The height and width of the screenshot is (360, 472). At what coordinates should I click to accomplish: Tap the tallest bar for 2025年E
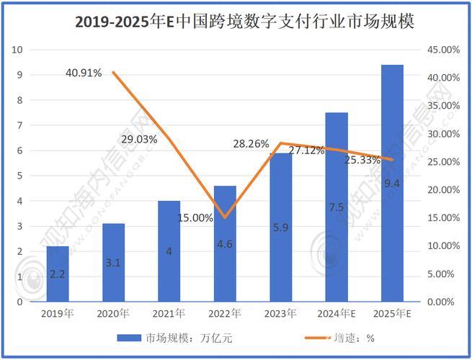click(x=392, y=184)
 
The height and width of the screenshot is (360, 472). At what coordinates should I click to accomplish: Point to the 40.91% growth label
click(x=84, y=73)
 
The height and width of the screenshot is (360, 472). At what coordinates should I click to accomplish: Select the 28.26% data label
click(x=251, y=143)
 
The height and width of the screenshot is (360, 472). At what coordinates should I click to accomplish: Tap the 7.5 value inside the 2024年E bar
click(x=336, y=207)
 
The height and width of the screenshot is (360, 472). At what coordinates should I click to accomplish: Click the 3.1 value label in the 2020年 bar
click(x=113, y=263)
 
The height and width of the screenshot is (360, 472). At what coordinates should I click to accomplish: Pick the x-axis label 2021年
click(x=169, y=313)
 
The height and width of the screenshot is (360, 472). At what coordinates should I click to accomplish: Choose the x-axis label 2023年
click(x=280, y=313)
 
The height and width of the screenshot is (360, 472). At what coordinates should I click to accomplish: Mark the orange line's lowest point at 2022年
click(x=225, y=217)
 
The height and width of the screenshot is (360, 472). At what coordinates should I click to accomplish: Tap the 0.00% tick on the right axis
click(x=440, y=302)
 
